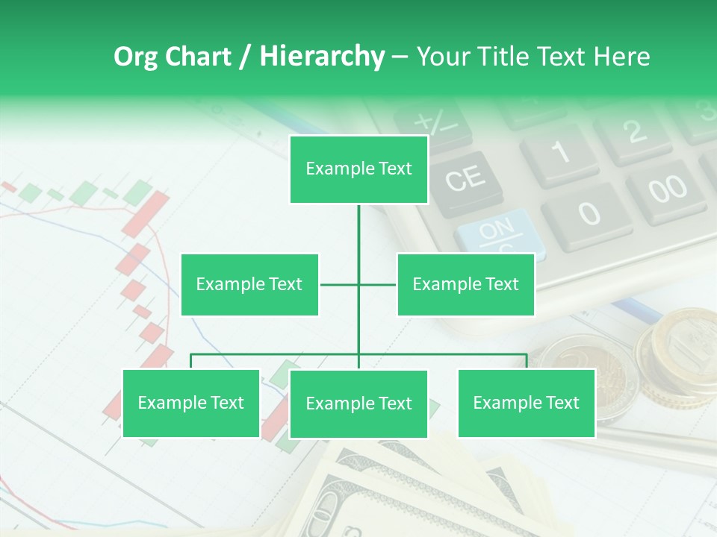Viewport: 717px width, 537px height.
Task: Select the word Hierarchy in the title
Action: point(322,57)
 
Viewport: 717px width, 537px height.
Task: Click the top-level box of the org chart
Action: point(358,169)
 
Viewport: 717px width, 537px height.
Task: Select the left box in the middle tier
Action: point(249,284)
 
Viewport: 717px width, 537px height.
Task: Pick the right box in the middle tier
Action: point(465,284)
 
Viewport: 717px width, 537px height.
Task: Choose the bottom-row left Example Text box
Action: point(191,403)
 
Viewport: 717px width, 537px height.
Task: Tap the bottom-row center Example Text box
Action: point(358,403)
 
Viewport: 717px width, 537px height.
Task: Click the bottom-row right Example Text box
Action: point(526,403)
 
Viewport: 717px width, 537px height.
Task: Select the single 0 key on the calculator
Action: point(587,214)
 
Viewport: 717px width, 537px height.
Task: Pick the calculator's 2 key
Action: point(633,133)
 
